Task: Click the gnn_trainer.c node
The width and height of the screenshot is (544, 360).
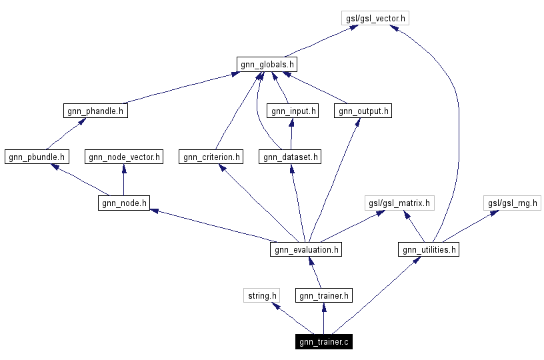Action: pos(323,342)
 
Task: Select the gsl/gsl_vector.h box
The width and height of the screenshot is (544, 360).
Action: pos(375,18)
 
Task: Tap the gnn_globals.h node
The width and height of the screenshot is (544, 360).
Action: pos(266,64)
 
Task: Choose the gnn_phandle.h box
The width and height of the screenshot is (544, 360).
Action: pos(96,111)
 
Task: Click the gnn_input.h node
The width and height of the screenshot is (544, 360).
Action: pos(292,111)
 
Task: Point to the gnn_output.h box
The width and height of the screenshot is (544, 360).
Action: pos(363,111)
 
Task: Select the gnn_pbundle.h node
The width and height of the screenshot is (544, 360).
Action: pos(36,157)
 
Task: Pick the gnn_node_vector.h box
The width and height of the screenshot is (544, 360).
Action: pos(124,157)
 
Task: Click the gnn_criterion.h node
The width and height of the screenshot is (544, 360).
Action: pos(211,157)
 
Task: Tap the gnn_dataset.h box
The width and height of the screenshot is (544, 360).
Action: pos(291,157)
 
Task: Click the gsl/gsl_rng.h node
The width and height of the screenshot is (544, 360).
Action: pos(512,203)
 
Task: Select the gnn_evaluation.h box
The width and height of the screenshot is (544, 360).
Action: pos(307,250)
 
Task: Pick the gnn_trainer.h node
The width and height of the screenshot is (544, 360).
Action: pos(324,295)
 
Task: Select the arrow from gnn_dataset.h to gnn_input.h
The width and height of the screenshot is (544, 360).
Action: pos(291,133)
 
